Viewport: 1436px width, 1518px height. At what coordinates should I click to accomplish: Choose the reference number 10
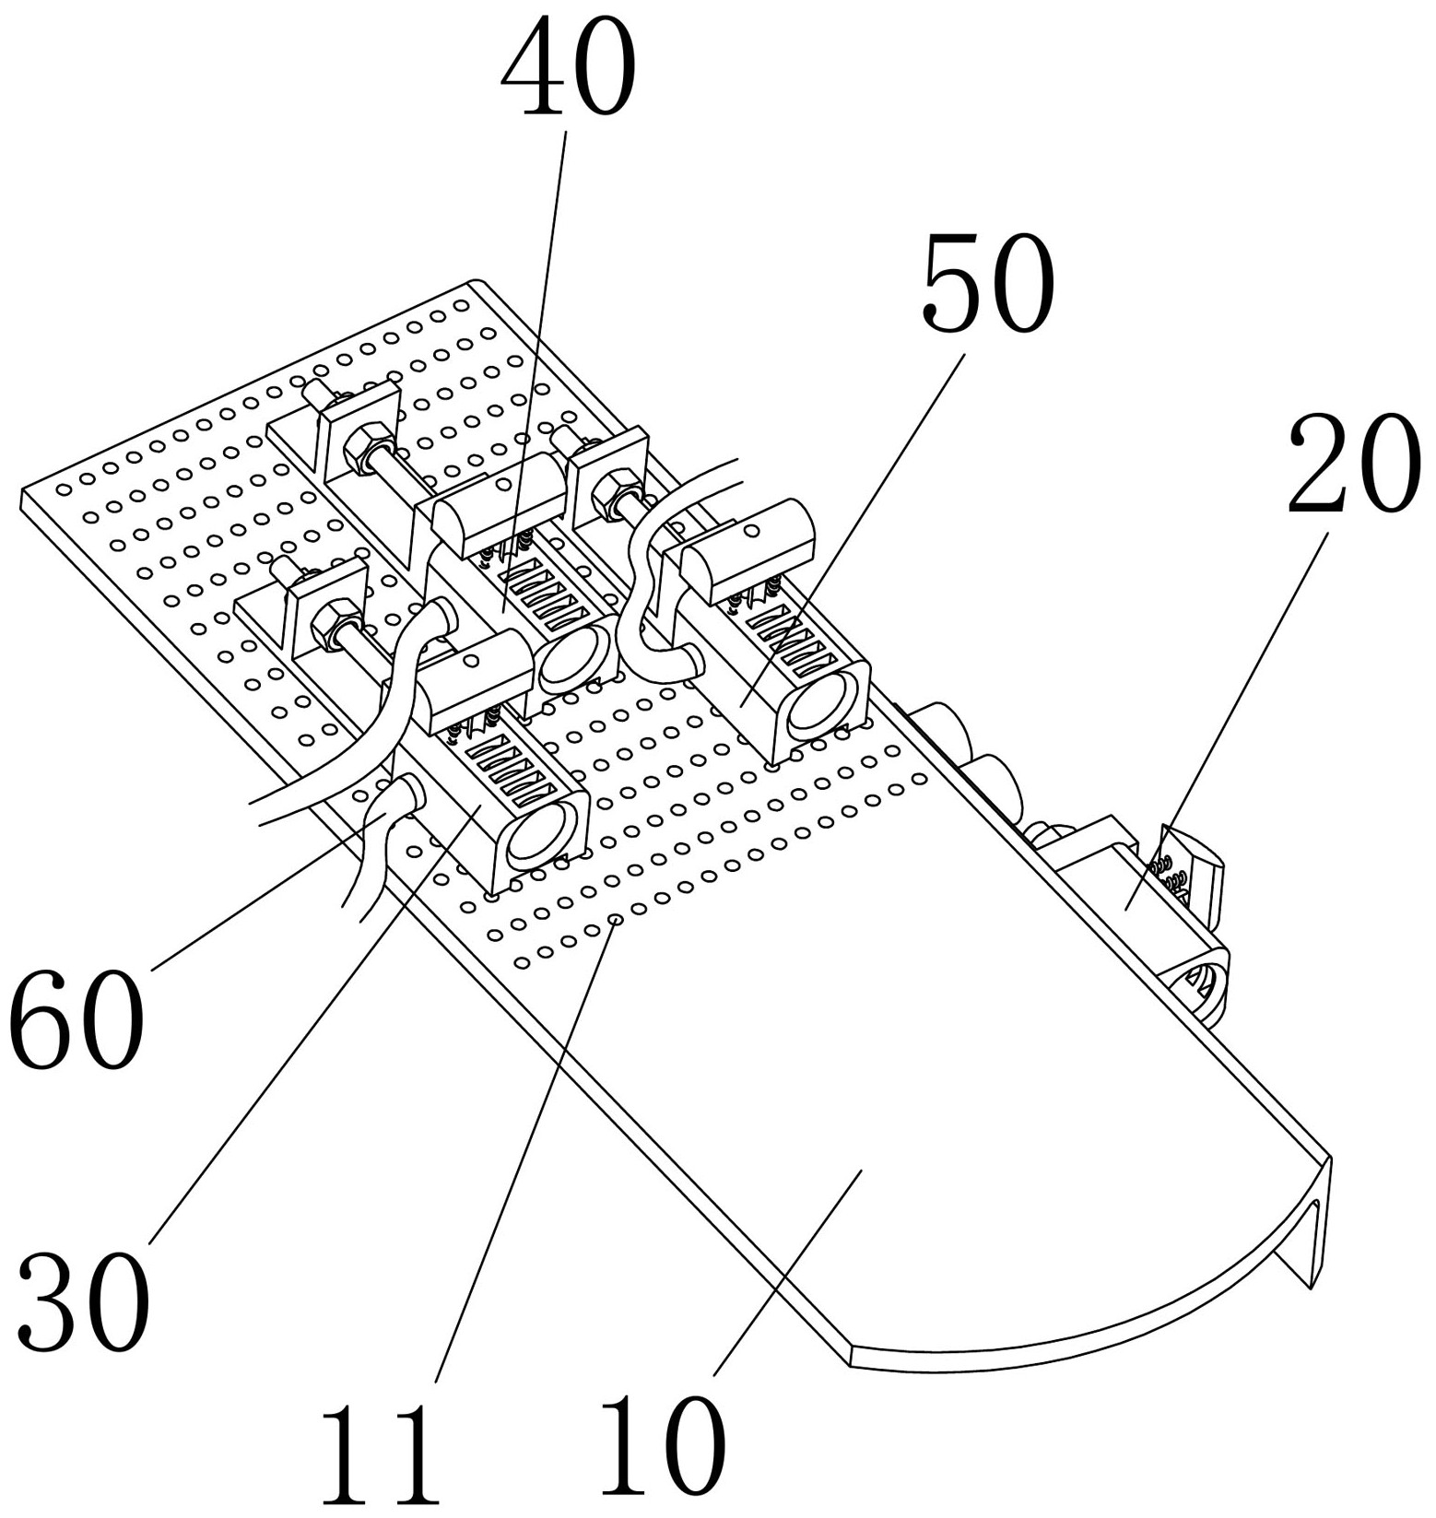(662, 1444)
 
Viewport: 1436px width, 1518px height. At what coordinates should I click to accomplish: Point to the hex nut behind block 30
(330, 627)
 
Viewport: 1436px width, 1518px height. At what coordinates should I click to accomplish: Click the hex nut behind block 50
(609, 493)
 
